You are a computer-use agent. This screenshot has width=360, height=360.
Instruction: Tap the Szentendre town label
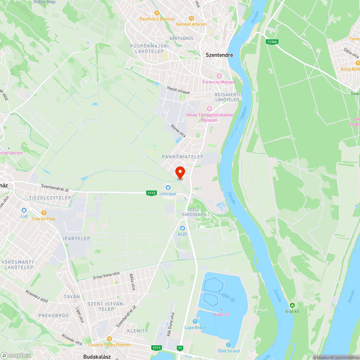click(x=219, y=55)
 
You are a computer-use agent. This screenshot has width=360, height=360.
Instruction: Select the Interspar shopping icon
click(x=168, y=187)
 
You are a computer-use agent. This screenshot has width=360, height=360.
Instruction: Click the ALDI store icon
click(x=182, y=228)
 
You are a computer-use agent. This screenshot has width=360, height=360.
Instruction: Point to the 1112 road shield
click(x=152, y=193)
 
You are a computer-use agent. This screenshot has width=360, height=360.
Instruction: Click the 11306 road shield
click(x=272, y=42)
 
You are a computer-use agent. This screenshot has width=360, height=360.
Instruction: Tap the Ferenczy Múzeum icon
click(x=219, y=76)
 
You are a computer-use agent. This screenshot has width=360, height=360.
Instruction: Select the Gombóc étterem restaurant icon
click(x=192, y=18)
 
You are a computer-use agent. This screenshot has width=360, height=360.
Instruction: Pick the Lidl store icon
click(x=24, y=210)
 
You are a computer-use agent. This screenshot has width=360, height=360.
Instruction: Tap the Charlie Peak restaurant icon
click(x=44, y=212)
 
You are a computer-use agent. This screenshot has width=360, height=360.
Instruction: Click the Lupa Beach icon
click(x=195, y=321)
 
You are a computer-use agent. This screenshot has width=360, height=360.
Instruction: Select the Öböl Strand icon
click(x=229, y=345)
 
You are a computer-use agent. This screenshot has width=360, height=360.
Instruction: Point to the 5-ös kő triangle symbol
click(x=292, y=305)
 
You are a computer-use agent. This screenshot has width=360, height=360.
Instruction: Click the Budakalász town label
click(x=96, y=357)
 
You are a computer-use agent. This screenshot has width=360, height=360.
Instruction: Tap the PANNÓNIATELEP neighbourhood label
click(x=183, y=157)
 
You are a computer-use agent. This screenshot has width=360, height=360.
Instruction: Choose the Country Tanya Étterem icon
click(x=110, y=339)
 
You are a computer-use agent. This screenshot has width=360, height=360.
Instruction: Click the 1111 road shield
click(x=157, y=347)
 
